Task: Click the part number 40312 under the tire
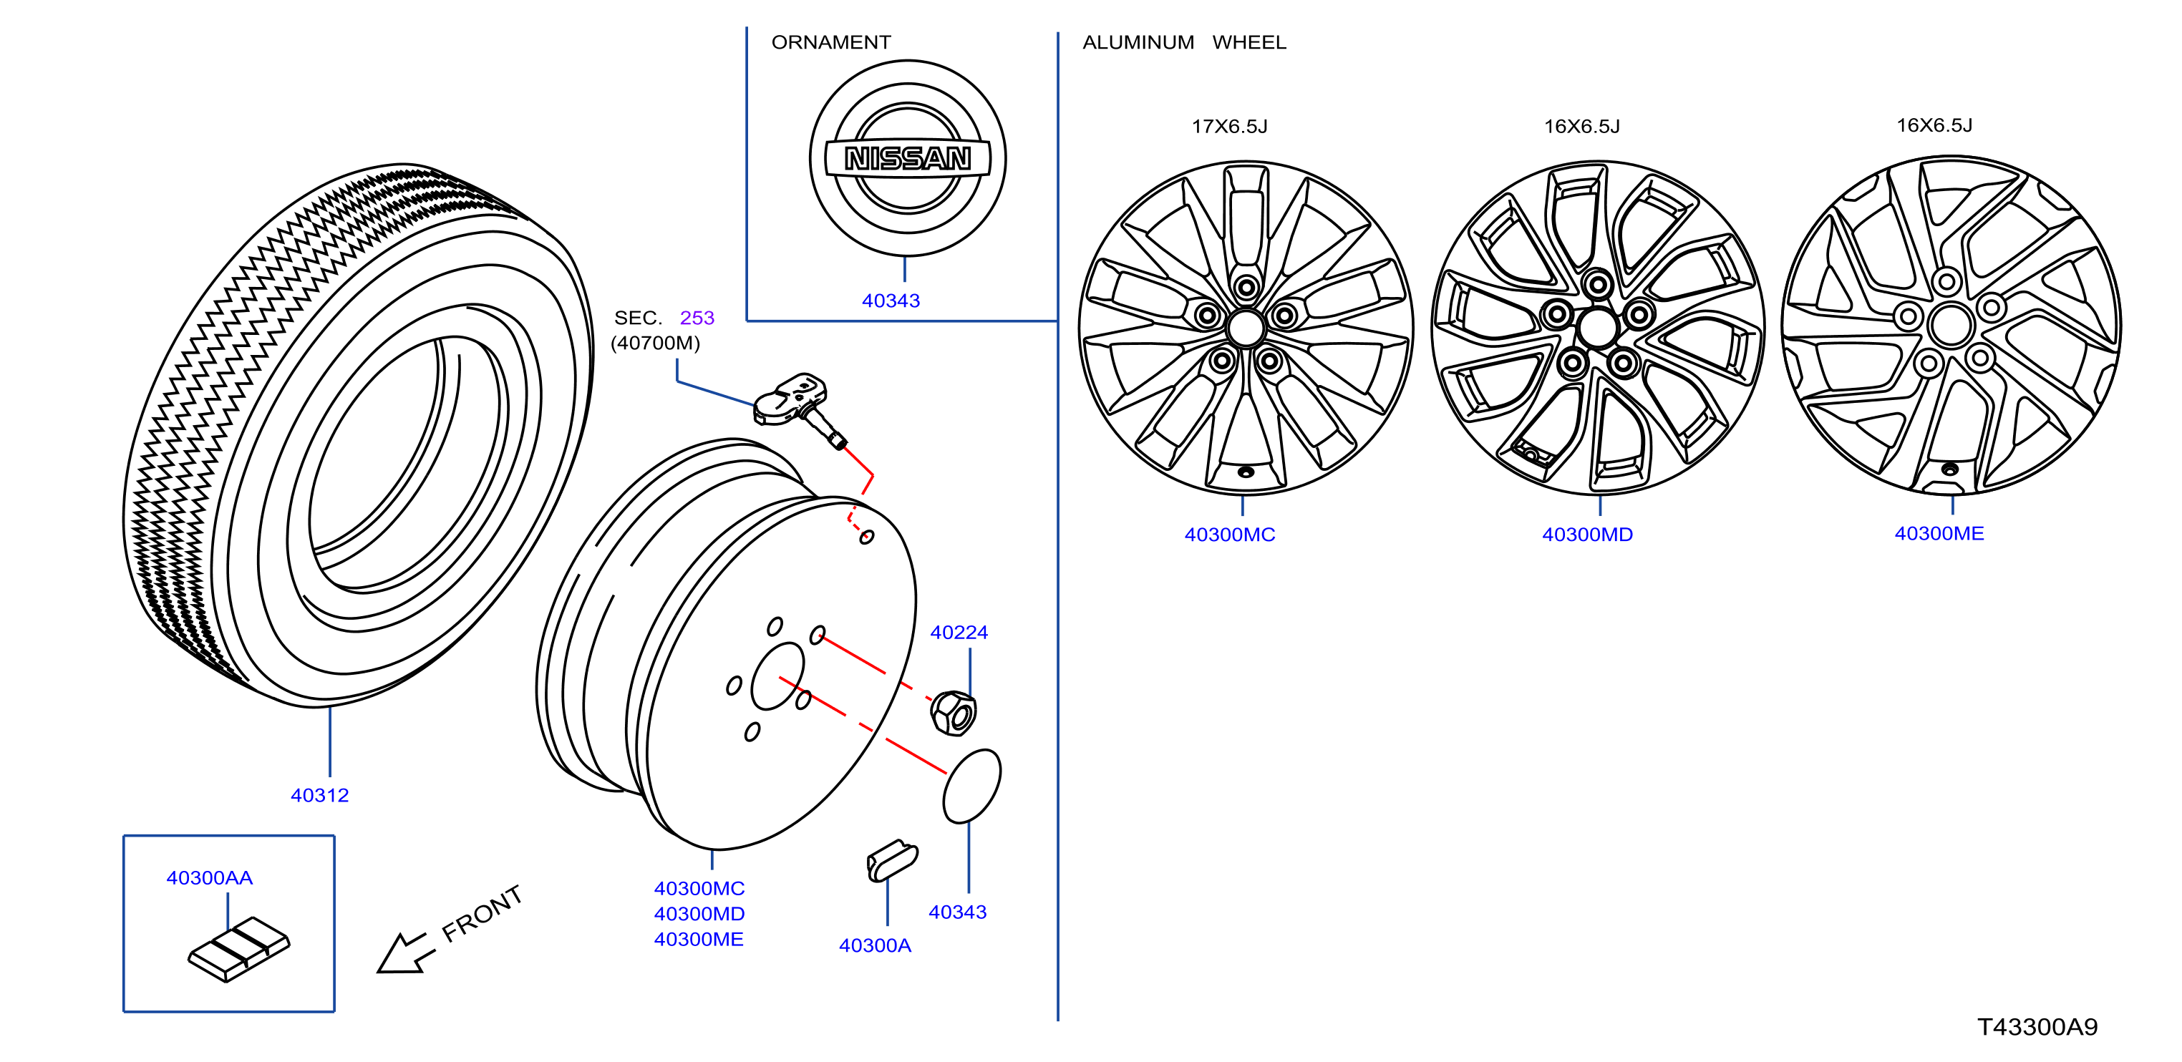[x=319, y=795]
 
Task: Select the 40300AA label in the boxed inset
[x=209, y=877]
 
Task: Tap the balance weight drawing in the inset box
[x=239, y=950]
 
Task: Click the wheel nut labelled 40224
[x=953, y=713]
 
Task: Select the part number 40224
[x=959, y=633]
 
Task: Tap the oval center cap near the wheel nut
[x=971, y=785]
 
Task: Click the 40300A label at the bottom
[x=875, y=945]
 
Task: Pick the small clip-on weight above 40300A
[x=892, y=860]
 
